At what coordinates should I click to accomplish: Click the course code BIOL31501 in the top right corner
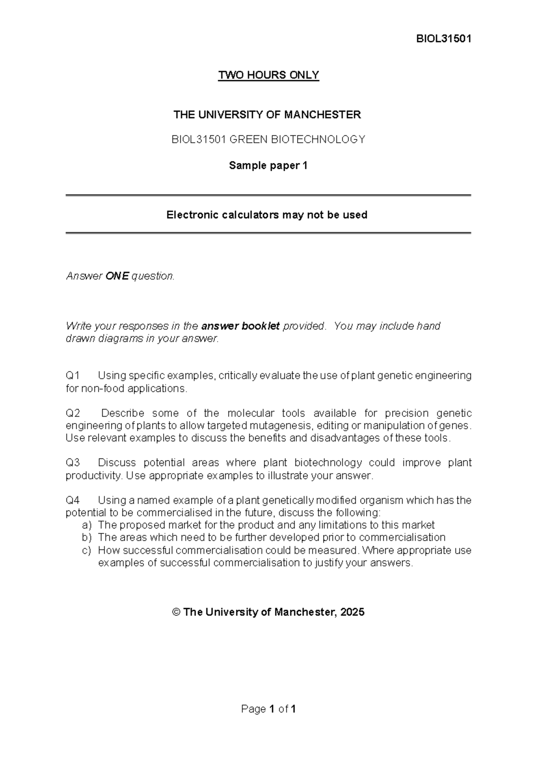[x=443, y=39]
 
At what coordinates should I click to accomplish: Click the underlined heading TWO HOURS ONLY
[x=268, y=75]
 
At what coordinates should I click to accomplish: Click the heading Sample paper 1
[x=268, y=165]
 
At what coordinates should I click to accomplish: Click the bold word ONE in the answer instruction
[x=117, y=276]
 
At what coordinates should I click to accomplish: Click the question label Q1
[x=73, y=376]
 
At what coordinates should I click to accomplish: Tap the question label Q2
[x=73, y=413]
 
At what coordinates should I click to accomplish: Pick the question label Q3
[x=73, y=462]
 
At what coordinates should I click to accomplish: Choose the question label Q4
[x=73, y=500]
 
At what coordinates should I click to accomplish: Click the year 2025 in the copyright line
[x=352, y=612]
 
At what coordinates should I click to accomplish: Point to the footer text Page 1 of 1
[x=268, y=709]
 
